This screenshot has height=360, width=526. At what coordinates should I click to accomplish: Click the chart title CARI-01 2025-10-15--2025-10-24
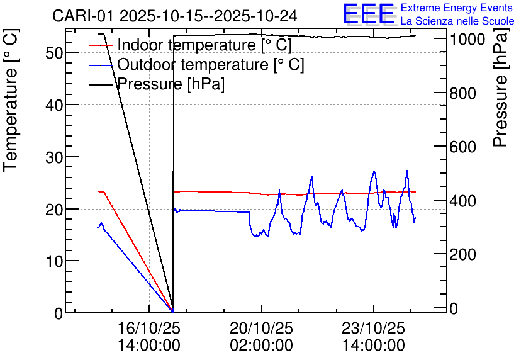coord(174,15)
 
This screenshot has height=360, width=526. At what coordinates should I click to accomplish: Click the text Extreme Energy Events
coord(457,8)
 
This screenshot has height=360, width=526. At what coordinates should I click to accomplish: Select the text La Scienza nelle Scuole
coord(457,21)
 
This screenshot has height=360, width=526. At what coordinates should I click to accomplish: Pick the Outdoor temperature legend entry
coord(210,64)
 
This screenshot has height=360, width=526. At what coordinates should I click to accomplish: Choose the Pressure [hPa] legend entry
coord(171,84)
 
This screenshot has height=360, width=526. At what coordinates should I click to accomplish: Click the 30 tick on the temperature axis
coord(55,157)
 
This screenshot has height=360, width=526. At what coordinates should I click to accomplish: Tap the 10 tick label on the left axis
coord(55,261)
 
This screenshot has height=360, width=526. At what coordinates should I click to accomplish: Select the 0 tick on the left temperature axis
coord(59,313)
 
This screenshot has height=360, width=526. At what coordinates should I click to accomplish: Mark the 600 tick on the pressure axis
coord(463,147)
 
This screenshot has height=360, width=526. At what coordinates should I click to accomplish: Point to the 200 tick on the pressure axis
coord(463,254)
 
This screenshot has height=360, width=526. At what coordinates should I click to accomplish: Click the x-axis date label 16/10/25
coord(148,329)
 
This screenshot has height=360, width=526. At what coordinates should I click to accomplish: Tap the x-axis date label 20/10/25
coord(261,329)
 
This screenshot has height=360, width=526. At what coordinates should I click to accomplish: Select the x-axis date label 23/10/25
coord(374,329)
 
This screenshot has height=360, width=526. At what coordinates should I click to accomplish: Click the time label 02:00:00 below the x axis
coord(261,346)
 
